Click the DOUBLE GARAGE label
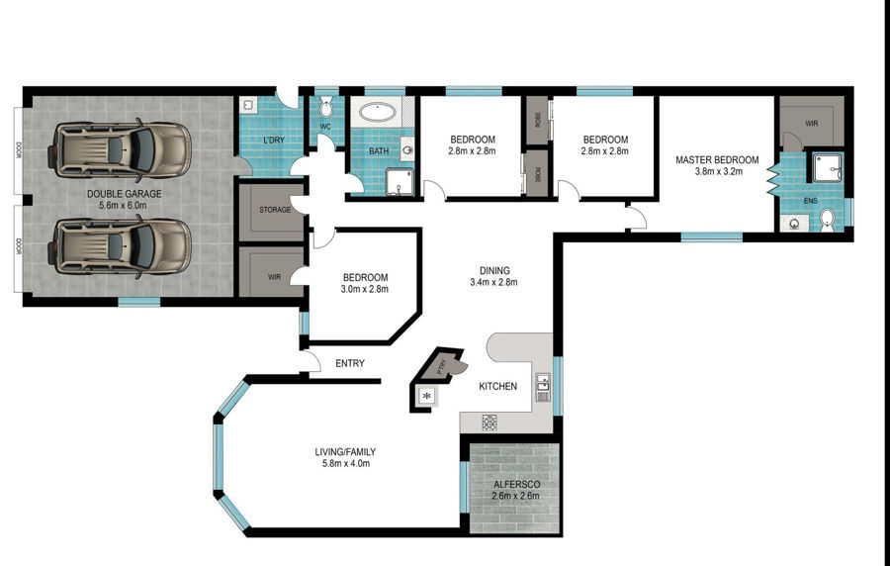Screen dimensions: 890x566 (x=124, y=194)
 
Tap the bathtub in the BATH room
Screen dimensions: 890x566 (x=378, y=111)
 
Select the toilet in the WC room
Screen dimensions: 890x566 (x=326, y=108)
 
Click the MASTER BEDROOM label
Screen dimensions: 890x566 (x=717, y=160)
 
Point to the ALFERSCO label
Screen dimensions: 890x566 (x=516, y=485)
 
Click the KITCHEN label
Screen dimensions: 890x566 (x=497, y=386)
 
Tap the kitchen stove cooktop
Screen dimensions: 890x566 (x=489, y=423)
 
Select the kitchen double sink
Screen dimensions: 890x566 (x=543, y=387)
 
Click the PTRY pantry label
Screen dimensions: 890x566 (x=444, y=367)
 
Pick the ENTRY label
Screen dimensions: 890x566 (x=350, y=363)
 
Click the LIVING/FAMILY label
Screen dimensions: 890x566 (x=345, y=452)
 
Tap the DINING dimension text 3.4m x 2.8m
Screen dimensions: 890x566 (x=493, y=282)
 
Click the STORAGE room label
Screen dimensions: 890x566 (x=275, y=210)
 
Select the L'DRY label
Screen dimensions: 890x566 (x=273, y=140)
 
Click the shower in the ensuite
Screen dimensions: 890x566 (x=827, y=167)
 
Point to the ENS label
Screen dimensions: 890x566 (x=811, y=201)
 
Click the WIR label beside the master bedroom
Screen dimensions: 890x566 (x=812, y=123)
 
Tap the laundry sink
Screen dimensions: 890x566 (x=248, y=105)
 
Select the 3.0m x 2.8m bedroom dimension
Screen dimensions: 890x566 (x=365, y=289)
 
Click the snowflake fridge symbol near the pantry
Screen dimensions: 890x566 (x=428, y=396)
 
